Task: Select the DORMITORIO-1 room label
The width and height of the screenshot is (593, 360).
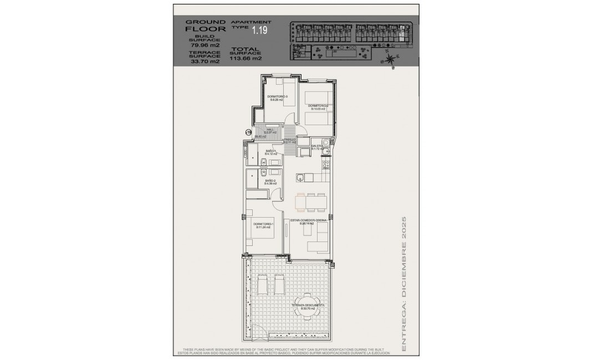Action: (262, 224)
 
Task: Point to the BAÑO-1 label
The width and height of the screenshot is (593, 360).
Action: (271, 151)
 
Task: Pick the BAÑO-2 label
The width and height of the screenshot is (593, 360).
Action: (270, 181)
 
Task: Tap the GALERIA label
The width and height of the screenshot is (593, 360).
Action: (317, 146)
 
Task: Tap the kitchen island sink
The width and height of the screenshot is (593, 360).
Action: (300, 178)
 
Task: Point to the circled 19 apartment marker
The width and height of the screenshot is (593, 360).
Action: (249, 132)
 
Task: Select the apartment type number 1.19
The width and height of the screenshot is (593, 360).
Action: (259, 31)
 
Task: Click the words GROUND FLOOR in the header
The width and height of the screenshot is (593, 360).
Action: (205, 25)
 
